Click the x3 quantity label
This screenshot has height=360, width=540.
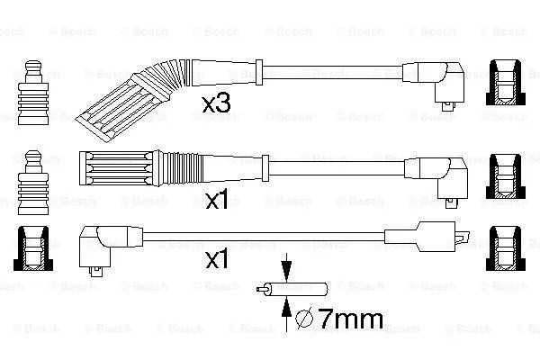click(216, 105)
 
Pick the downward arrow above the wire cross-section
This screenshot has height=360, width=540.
click(286, 269)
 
